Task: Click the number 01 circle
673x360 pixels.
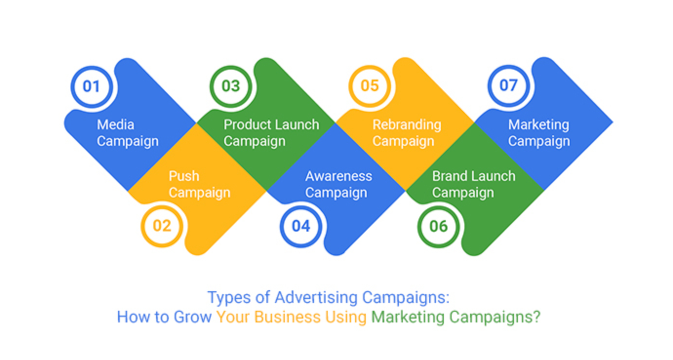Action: [91, 86]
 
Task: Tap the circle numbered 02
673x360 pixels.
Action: [162, 226]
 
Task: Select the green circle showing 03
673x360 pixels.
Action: [231, 86]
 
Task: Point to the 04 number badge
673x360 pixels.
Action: [301, 226]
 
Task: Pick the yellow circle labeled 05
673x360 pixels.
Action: [370, 86]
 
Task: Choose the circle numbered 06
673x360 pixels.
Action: [439, 226]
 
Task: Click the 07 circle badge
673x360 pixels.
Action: [509, 86]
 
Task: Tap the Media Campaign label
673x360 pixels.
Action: [127, 133]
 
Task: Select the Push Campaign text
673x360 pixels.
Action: [199, 184]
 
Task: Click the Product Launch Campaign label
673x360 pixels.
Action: [271, 133]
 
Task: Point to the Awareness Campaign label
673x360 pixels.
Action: [338, 184]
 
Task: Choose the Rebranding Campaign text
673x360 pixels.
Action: [407, 133]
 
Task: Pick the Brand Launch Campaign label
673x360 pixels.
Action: [474, 184]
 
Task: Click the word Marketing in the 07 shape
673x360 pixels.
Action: [538, 125]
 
